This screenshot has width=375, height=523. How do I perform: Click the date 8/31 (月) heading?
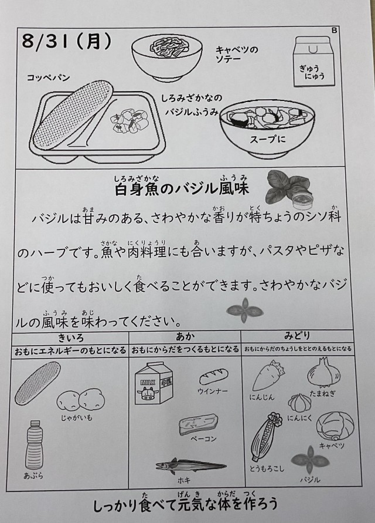[67, 41]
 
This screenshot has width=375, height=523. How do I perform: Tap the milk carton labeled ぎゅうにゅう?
[314, 62]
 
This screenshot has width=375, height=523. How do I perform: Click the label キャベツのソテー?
[237, 55]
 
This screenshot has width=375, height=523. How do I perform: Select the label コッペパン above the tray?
[48, 77]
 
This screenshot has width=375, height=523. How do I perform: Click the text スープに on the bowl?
[267, 139]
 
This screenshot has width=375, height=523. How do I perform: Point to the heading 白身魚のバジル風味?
[182, 189]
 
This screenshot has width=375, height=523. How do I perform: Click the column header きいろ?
[71, 338]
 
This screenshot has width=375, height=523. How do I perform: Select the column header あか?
[185, 336]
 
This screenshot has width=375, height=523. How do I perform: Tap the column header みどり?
[297, 335]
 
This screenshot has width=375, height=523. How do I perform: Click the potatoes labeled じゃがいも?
[81, 399]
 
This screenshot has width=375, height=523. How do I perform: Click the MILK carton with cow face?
[154, 383]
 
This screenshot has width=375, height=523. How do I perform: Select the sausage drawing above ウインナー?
[213, 377]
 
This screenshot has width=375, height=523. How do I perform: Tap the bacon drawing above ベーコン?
[199, 424]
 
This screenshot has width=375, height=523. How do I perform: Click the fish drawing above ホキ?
[191, 465]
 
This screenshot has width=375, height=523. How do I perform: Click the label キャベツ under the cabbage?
[332, 446]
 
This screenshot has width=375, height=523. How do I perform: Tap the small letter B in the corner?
[335, 31]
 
